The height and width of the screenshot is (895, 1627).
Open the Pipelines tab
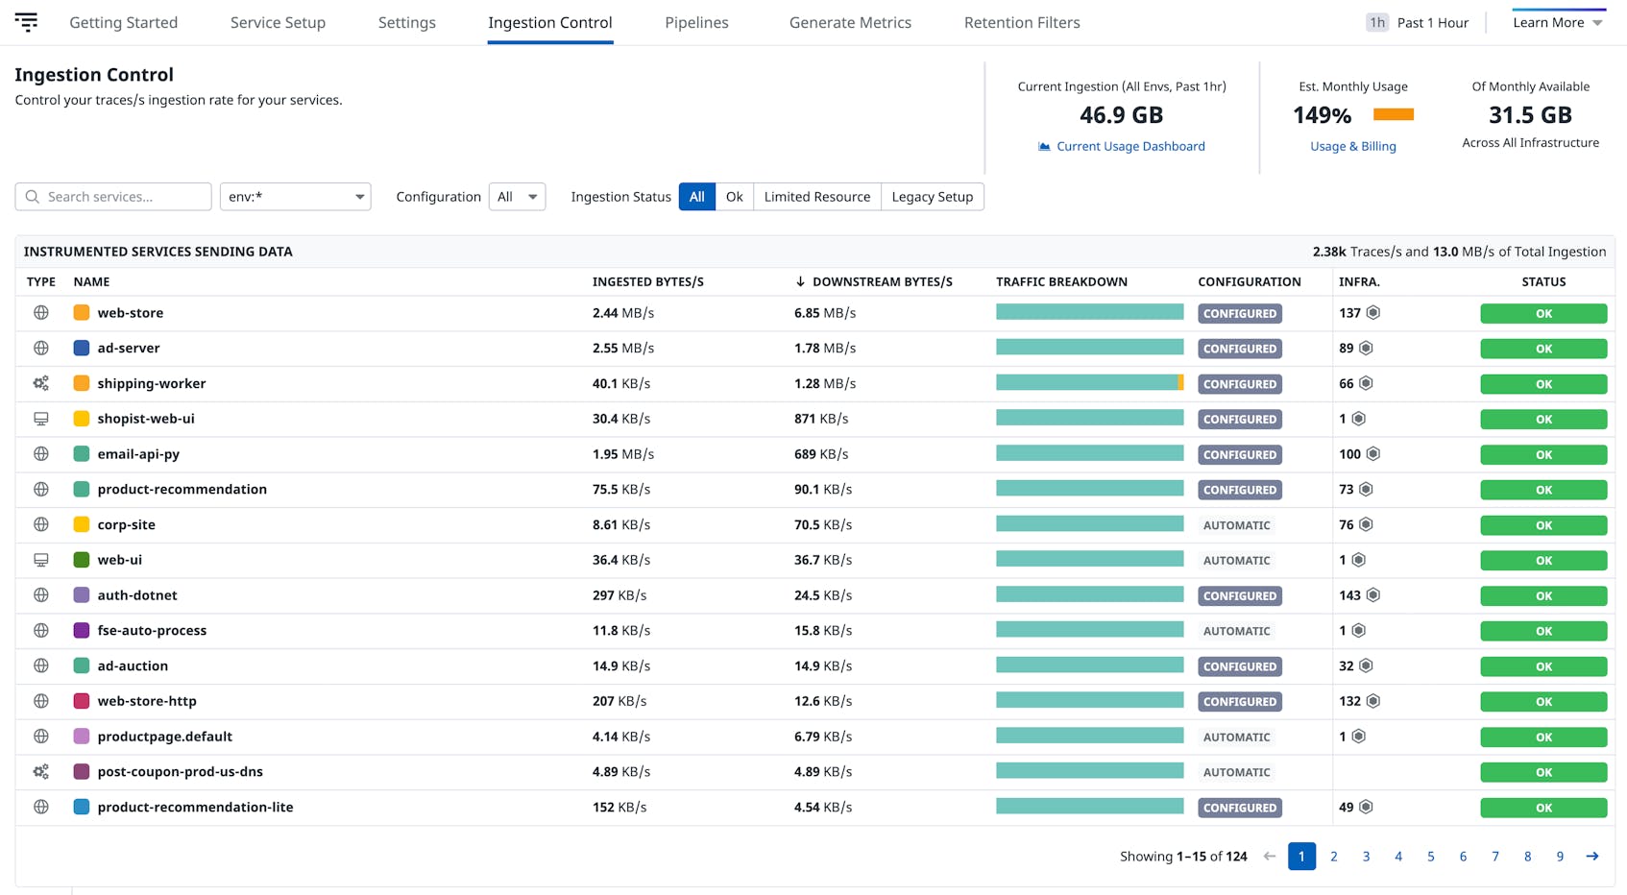pyautogui.click(x=696, y=22)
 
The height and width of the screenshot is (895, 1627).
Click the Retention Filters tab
pyautogui.click(x=1021, y=22)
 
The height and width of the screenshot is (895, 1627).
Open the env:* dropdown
pyautogui.click(x=295, y=197)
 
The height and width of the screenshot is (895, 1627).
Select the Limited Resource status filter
pyautogui.click(x=816, y=197)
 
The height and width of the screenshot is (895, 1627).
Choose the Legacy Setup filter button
pyautogui.click(x=932, y=197)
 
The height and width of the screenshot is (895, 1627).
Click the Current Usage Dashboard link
pyautogui.click(x=1129, y=146)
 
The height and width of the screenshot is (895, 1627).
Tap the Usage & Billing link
pyautogui.click(x=1352, y=146)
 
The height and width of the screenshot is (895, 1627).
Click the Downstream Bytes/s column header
pyautogui.click(x=881, y=281)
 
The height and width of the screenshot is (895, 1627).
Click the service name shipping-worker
pyautogui.click(x=152, y=383)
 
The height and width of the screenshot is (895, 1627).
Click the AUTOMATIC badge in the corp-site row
pyautogui.click(x=1236, y=525)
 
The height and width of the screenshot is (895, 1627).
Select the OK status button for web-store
pyautogui.click(x=1542, y=313)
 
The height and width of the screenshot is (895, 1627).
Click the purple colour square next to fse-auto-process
pyautogui.click(x=82, y=631)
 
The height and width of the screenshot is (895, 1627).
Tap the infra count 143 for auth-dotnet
pyautogui.click(x=1349, y=595)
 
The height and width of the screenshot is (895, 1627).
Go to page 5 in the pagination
pyautogui.click(x=1430, y=856)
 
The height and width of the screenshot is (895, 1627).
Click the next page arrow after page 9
pyautogui.click(x=1591, y=856)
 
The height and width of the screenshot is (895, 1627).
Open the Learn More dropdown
pyautogui.click(x=1557, y=22)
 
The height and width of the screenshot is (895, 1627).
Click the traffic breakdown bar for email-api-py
pyautogui.click(x=1089, y=453)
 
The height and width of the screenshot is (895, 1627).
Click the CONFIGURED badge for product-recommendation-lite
pyautogui.click(x=1239, y=808)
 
